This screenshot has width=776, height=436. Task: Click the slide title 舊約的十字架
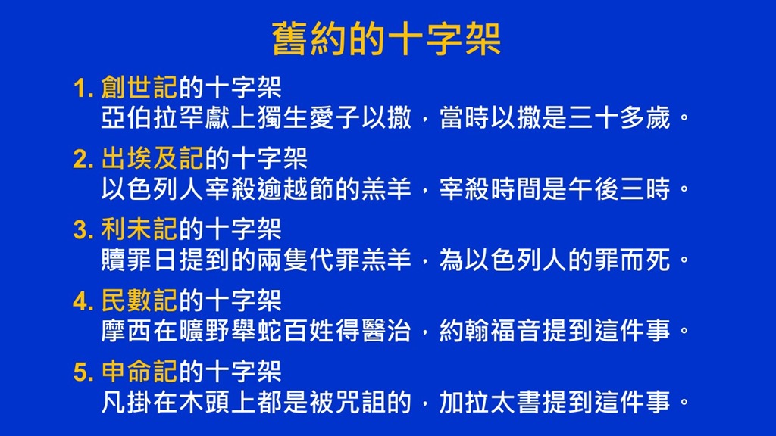[386, 39]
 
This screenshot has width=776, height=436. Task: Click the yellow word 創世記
[139, 88]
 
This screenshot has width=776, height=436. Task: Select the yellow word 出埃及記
[152, 158]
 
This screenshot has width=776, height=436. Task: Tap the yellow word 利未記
[139, 229]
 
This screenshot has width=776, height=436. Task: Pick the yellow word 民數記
[139, 300]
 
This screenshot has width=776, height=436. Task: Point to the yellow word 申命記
[139, 371]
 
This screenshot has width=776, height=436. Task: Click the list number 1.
[83, 89]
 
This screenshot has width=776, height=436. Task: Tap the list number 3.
[83, 230]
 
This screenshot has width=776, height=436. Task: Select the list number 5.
[83, 372]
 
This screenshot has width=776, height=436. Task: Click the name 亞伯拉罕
[152, 117]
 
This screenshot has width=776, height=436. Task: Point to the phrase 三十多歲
[619, 117]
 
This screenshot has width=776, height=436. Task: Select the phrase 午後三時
[619, 188]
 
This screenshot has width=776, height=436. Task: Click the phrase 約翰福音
[490, 331]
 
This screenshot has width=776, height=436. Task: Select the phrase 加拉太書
[490, 402]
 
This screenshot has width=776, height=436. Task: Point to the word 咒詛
[360, 402]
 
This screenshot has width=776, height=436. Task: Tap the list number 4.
[83, 301]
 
